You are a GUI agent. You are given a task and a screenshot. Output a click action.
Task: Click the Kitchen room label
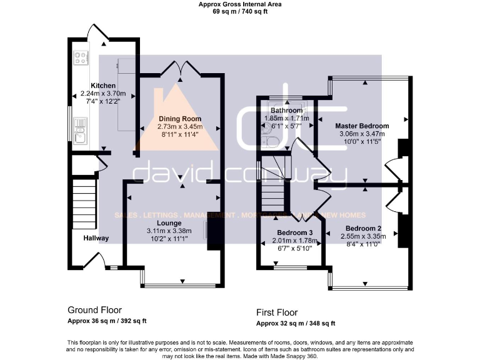[x=103, y=86]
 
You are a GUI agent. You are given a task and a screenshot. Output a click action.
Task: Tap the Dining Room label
[x=179, y=119]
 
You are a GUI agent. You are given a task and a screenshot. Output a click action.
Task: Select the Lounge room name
[x=169, y=222]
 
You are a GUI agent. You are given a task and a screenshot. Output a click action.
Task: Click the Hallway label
[x=96, y=238]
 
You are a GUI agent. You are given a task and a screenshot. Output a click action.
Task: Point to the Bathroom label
[x=286, y=111]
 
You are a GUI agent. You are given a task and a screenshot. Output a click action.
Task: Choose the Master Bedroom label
[x=362, y=126]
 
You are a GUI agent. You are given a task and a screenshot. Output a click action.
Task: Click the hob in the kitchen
[x=81, y=58]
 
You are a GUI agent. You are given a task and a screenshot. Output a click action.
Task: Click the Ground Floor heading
[x=94, y=310]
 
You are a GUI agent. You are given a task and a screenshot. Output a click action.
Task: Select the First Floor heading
[x=277, y=312]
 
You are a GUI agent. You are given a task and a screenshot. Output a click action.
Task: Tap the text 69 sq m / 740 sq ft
[x=240, y=11]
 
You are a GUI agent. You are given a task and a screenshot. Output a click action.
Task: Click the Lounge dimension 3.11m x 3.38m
[x=169, y=230]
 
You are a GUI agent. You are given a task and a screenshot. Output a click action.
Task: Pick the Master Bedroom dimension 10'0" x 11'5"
[x=362, y=141]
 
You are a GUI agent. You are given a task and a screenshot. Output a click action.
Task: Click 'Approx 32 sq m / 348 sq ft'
[x=296, y=323]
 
